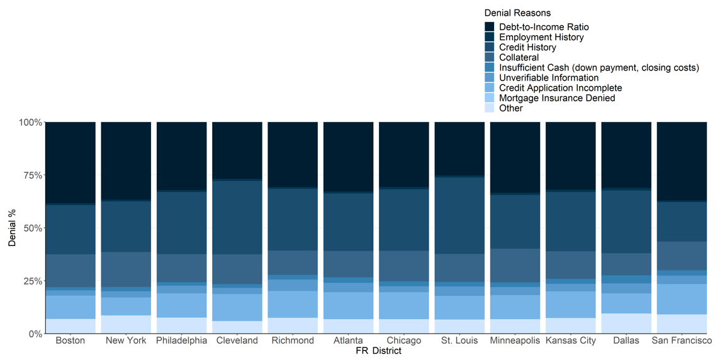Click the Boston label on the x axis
click(70, 340)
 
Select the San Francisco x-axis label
click(681, 340)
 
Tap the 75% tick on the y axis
click(32, 175)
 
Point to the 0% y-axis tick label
click(35, 334)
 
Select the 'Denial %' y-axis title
click(12, 228)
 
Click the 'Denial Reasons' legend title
click(517, 13)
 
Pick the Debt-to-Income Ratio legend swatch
click(490, 27)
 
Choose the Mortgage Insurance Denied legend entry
click(556, 98)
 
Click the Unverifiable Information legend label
click(549, 78)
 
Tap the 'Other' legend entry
click(510, 108)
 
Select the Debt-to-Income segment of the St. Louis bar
click(459, 149)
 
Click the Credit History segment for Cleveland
click(237, 217)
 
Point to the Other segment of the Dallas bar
click(626, 323)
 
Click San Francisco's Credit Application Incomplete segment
click(682, 299)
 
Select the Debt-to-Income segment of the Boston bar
click(70, 162)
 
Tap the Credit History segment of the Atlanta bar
click(348, 222)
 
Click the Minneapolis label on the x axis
click(515, 340)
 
